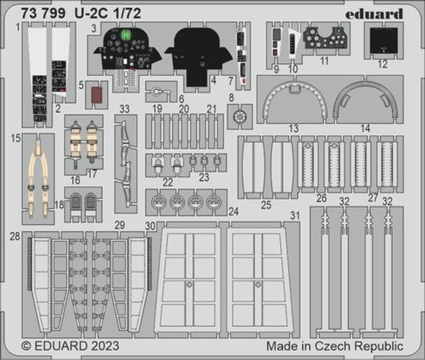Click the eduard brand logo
pos(374,14)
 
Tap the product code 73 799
pos(43,14)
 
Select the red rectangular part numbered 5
pos(96,95)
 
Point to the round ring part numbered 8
pos(240,117)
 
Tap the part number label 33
pos(125,109)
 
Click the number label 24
pos(233,212)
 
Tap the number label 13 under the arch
pos(294,129)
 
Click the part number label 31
pos(295,216)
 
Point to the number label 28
pos(15,236)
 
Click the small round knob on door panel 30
pos(189,285)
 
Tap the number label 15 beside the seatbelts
pos(16,138)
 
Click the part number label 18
pos(59,205)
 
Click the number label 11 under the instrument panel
pos(324,61)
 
